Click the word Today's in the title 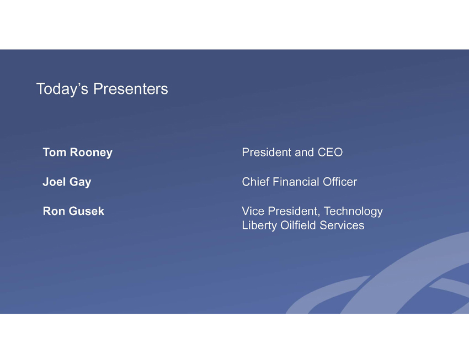click(x=62, y=89)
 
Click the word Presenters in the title click(x=131, y=89)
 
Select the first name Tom click(x=55, y=152)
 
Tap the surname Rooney click(x=91, y=152)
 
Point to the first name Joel click(x=54, y=181)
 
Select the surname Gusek click(x=87, y=211)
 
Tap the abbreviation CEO click(x=330, y=152)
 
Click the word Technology click(x=353, y=212)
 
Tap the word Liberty click(x=259, y=225)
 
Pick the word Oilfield click(x=298, y=225)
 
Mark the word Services click(x=342, y=225)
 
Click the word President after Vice click(x=294, y=211)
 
